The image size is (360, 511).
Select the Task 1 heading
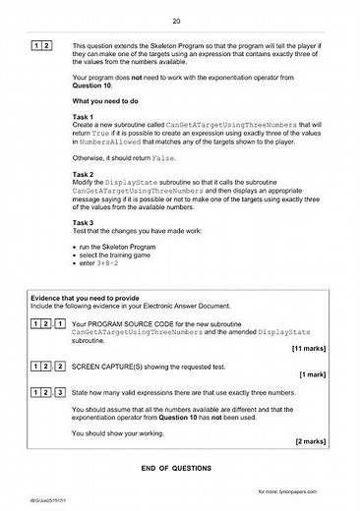(85, 144)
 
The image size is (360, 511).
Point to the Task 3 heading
(85, 250)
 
